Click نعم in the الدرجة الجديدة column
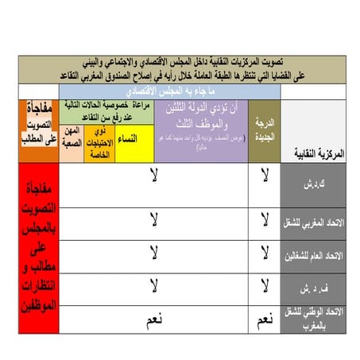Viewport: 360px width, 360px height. (x=264, y=321)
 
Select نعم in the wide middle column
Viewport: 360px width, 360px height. (x=155, y=320)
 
